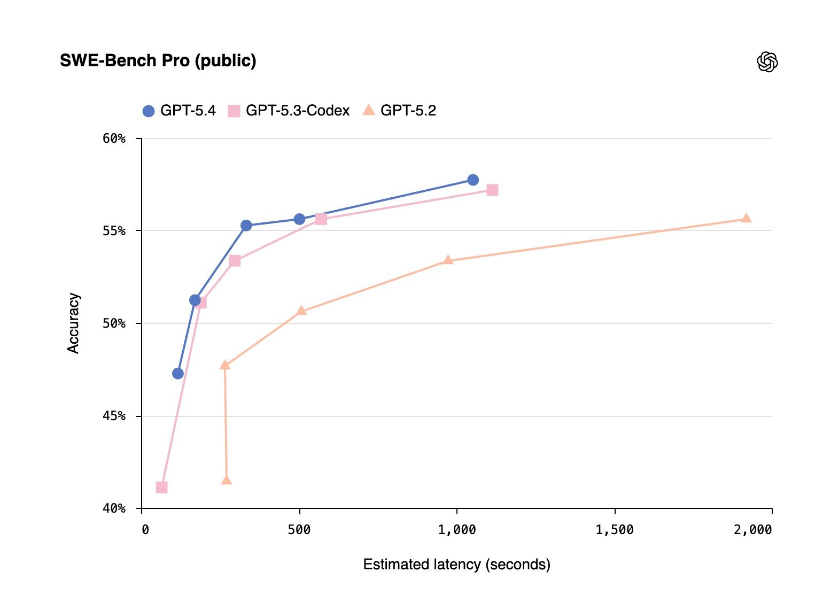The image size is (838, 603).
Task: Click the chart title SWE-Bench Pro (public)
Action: click(158, 61)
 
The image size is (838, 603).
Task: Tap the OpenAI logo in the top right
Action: click(767, 62)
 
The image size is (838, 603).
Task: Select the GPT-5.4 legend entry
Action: click(179, 111)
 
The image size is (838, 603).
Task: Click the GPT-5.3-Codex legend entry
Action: click(289, 111)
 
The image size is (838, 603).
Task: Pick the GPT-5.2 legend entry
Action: click(399, 111)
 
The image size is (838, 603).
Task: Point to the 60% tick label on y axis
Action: click(114, 138)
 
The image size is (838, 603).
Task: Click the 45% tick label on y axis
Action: click(114, 416)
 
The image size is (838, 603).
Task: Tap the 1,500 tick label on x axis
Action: click(614, 530)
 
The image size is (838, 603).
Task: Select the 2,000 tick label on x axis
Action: click(752, 530)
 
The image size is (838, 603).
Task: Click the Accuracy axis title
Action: click(73, 323)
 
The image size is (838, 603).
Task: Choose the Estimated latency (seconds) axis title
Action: click(456, 565)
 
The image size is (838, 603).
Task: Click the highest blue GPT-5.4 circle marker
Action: click(473, 180)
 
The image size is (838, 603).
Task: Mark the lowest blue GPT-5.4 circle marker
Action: click(178, 374)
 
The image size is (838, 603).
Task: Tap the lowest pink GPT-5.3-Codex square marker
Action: click(161, 488)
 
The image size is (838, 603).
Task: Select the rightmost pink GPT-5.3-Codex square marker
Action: click(492, 190)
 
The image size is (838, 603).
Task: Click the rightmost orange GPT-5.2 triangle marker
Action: click(746, 218)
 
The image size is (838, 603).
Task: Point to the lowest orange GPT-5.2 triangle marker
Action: click(227, 480)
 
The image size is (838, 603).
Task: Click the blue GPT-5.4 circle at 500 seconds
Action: click(299, 219)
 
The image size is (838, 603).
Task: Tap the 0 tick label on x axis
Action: click(145, 530)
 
